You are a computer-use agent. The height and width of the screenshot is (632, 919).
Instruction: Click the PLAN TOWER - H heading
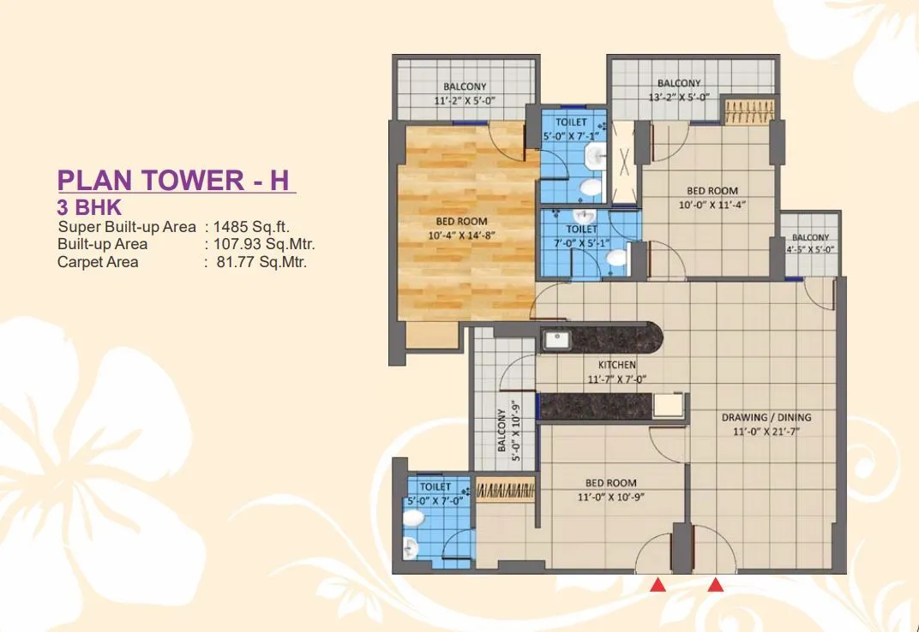pos(175,180)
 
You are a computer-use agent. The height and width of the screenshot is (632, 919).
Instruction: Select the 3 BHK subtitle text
pos(90,206)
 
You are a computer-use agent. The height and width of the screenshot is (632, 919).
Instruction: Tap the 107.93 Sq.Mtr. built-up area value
pos(265,244)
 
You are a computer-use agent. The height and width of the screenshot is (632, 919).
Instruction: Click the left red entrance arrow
pos(658,586)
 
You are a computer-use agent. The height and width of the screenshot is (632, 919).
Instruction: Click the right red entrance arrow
pos(716,586)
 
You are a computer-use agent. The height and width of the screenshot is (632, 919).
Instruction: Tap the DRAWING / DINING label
pos(766,418)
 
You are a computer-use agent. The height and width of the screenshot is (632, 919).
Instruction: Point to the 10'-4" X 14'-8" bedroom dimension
pos(462,236)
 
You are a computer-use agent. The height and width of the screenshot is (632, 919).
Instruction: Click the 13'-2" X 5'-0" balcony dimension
pos(680,98)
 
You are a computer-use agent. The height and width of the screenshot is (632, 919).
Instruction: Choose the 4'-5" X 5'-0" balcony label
pos(810,249)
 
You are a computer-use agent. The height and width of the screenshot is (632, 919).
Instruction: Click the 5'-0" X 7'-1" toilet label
pos(573,135)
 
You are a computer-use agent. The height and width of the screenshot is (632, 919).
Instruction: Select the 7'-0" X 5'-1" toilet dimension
pos(581,243)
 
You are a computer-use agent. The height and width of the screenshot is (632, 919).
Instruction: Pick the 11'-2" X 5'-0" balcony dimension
pos(465,100)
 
